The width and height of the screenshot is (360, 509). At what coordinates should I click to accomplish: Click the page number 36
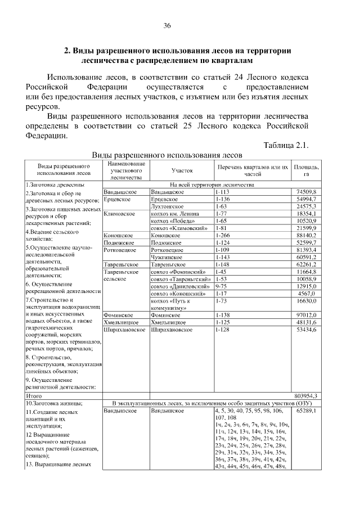click(x=167, y=26)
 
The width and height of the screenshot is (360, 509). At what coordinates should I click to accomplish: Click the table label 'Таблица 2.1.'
click(x=286, y=146)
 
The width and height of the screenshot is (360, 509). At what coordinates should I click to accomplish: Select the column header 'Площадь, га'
click(x=306, y=170)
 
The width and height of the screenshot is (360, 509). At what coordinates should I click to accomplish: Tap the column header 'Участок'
click(x=182, y=169)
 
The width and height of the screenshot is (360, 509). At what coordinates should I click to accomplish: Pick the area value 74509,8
click(x=307, y=192)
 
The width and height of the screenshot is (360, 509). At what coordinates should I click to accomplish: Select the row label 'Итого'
click(x=34, y=396)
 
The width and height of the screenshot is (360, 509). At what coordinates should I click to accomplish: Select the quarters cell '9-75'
click(x=221, y=286)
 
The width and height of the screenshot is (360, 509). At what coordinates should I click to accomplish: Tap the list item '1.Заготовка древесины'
click(x=55, y=185)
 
